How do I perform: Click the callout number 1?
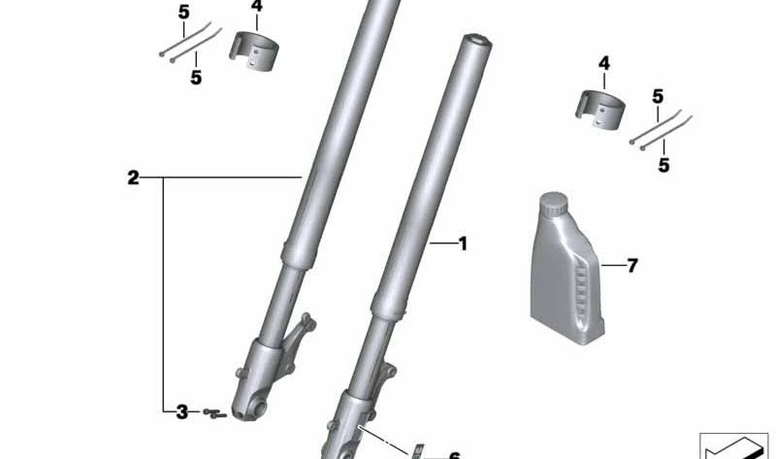pos(463,244)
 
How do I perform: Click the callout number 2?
pos(133,178)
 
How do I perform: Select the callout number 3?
pos(181,412)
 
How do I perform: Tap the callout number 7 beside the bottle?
pos(632,265)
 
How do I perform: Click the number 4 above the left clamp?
pos(256,6)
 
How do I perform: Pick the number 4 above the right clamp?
pos(603,63)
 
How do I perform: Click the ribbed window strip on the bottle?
pos(581,291)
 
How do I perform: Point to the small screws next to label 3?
pos(214,414)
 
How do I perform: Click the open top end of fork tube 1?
pos(477,40)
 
